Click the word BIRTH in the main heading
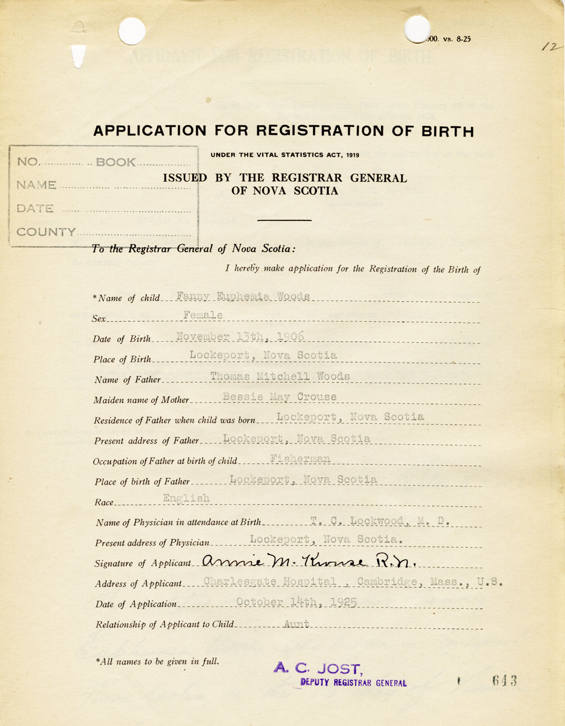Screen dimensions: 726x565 (447, 131)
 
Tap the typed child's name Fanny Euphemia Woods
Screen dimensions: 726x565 (243, 296)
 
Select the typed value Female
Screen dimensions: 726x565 (203, 315)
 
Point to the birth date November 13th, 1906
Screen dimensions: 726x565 (240, 336)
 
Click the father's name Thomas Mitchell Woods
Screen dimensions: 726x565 (280, 376)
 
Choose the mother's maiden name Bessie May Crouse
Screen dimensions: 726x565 (279, 397)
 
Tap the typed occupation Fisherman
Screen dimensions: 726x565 (300, 459)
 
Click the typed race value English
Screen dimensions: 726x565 (186, 498)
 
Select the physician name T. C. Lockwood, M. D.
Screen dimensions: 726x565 (380, 521)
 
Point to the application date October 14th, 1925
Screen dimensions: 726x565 (296, 602)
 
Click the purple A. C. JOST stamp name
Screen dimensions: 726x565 (319, 668)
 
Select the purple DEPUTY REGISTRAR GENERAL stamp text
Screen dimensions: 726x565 (353, 682)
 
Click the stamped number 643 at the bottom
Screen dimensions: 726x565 (504, 681)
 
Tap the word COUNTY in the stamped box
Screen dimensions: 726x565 (46, 232)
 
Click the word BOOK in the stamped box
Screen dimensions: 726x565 (116, 162)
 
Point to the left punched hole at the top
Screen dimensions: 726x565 (132, 30)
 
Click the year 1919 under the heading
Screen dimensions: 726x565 (352, 155)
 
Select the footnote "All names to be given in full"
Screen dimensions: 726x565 (158, 662)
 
